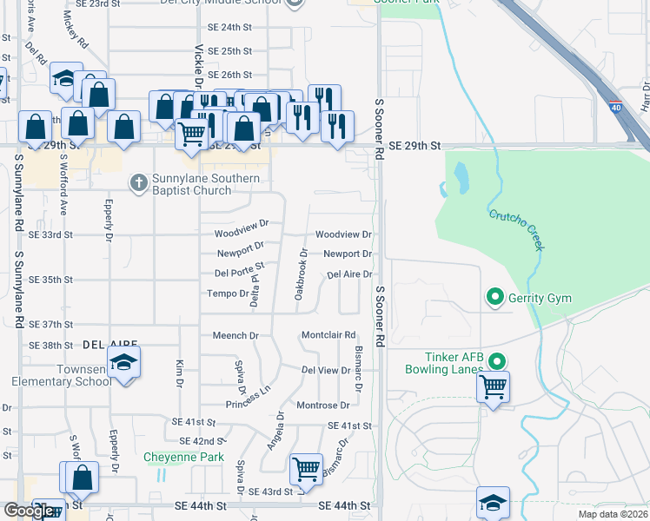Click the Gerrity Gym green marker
click(495, 299)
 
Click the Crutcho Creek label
click(517, 230)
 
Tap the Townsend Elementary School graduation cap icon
click(124, 362)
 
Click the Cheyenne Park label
click(184, 458)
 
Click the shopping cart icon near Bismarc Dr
click(306, 469)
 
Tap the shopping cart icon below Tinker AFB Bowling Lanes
click(494, 386)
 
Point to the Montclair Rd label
click(328, 335)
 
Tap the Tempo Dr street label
click(228, 293)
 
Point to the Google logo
click(30, 511)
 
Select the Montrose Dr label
click(322, 406)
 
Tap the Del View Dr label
click(325, 370)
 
